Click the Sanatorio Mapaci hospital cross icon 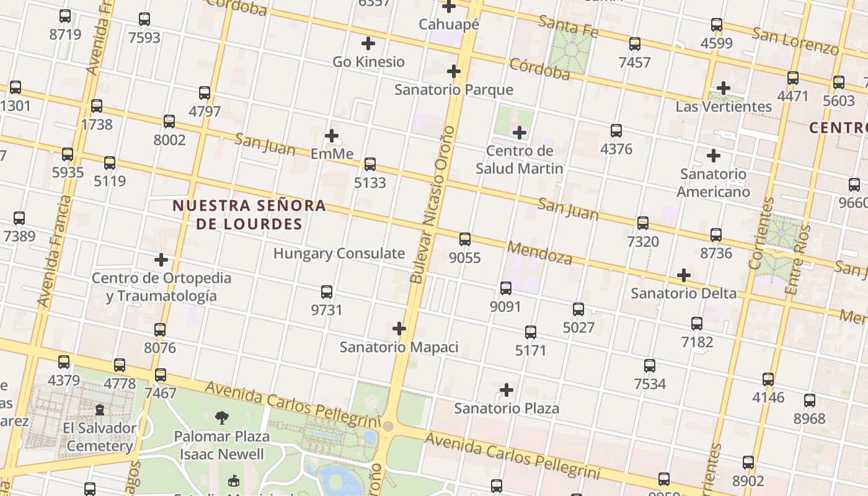click(399, 329)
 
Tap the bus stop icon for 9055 click(465, 239)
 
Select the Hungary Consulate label click(339, 254)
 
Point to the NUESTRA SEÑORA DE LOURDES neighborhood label click(249, 215)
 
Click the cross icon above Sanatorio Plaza click(507, 390)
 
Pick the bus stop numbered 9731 click(327, 292)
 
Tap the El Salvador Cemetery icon click(99, 410)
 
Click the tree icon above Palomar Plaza click(221, 418)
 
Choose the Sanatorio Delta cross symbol click(684, 275)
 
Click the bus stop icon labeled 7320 click(643, 223)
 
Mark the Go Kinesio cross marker click(368, 43)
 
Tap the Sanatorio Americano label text click(713, 183)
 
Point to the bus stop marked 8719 click(65, 16)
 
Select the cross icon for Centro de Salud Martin click(520, 133)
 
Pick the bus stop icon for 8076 click(160, 330)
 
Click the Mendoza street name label click(539, 253)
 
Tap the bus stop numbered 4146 click(768, 379)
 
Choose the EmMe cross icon click(332, 135)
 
